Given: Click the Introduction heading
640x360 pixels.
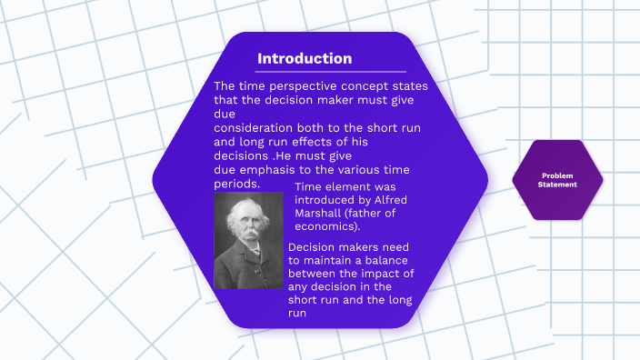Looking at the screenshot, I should point(304,59).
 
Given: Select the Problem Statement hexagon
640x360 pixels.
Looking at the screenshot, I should point(557,180).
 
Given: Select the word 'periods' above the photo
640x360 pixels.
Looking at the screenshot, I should point(235,184).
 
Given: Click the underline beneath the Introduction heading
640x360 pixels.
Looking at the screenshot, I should point(331,71).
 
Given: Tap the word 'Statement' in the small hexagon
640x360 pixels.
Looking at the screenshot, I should point(557,185).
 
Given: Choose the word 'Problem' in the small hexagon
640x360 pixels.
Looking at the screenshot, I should point(557,175).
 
